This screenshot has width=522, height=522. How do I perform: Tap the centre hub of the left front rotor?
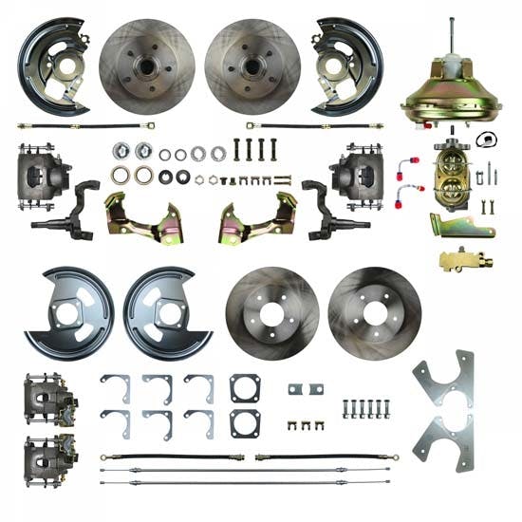[146, 66]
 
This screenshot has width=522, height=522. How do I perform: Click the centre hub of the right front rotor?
[252, 66]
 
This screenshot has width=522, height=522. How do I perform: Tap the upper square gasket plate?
[245, 387]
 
